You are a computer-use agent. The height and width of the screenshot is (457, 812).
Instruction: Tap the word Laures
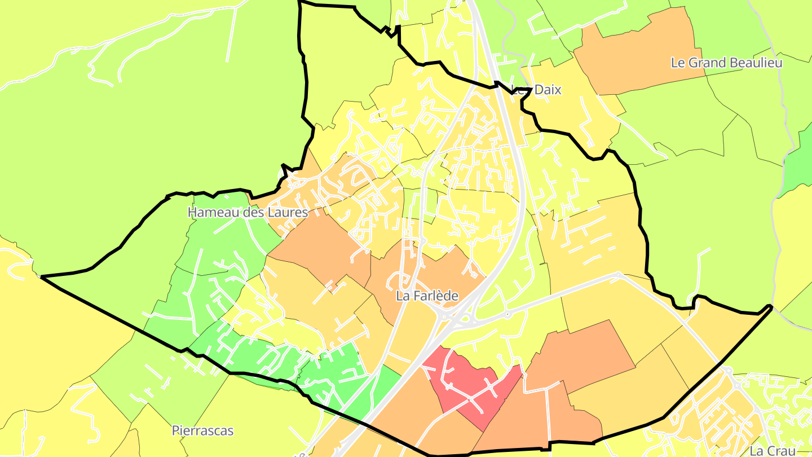pyautogui.click(x=288, y=213)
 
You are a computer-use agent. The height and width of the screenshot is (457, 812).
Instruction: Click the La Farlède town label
pyautogui.click(x=427, y=296)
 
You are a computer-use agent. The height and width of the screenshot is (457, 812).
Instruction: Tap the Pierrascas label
pyautogui.click(x=202, y=431)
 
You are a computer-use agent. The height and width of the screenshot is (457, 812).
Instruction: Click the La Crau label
pyautogui.click(x=772, y=451)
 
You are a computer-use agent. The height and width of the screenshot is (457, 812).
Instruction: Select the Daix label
pyautogui.click(x=547, y=90)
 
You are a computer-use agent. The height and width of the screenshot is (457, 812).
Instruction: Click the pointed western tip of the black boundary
pyautogui.click(x=42, y=276)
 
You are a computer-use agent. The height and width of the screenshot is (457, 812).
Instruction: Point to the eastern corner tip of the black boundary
pyautogui.click(x=770, y=306)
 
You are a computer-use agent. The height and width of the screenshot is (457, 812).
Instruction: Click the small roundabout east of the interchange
pyautogui.click(x=507, y=314)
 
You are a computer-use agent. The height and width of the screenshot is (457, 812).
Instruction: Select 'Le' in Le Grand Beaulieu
pyautogui.click(x=677, y=63)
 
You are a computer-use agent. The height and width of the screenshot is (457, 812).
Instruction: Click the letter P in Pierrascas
pyautogui.click(x=175, y=431)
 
